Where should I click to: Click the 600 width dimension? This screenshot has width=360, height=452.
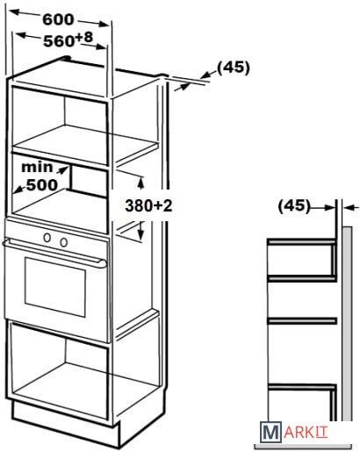[x=58, y=19]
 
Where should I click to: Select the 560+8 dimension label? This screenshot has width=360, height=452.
[x=68, y=39]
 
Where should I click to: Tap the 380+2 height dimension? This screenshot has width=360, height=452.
[x=148, y=205]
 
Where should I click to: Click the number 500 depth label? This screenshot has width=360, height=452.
[x=42, y=184]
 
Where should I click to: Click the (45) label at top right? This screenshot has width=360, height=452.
[x=234, y=68]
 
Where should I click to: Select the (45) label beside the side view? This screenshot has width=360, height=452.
[x=293, y=205]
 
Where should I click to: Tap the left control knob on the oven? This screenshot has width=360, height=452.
[x=47, y=238]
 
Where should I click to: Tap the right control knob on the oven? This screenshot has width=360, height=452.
[x=64, y=242]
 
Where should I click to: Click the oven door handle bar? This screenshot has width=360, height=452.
[x=54, y=252]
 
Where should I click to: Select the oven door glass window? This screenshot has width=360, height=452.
[x=55, y=287]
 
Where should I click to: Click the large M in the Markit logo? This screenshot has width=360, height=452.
[x=270, y=432]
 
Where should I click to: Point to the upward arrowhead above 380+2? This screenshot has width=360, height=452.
[x=141, y=183]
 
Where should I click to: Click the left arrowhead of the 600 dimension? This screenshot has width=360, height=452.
[x=15, y=12]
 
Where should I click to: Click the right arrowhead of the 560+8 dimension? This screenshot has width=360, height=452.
[x=99, y=46]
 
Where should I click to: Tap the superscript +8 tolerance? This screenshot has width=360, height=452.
[x=84, y=38]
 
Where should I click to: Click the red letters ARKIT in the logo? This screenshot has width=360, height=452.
[x=306, y=433]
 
